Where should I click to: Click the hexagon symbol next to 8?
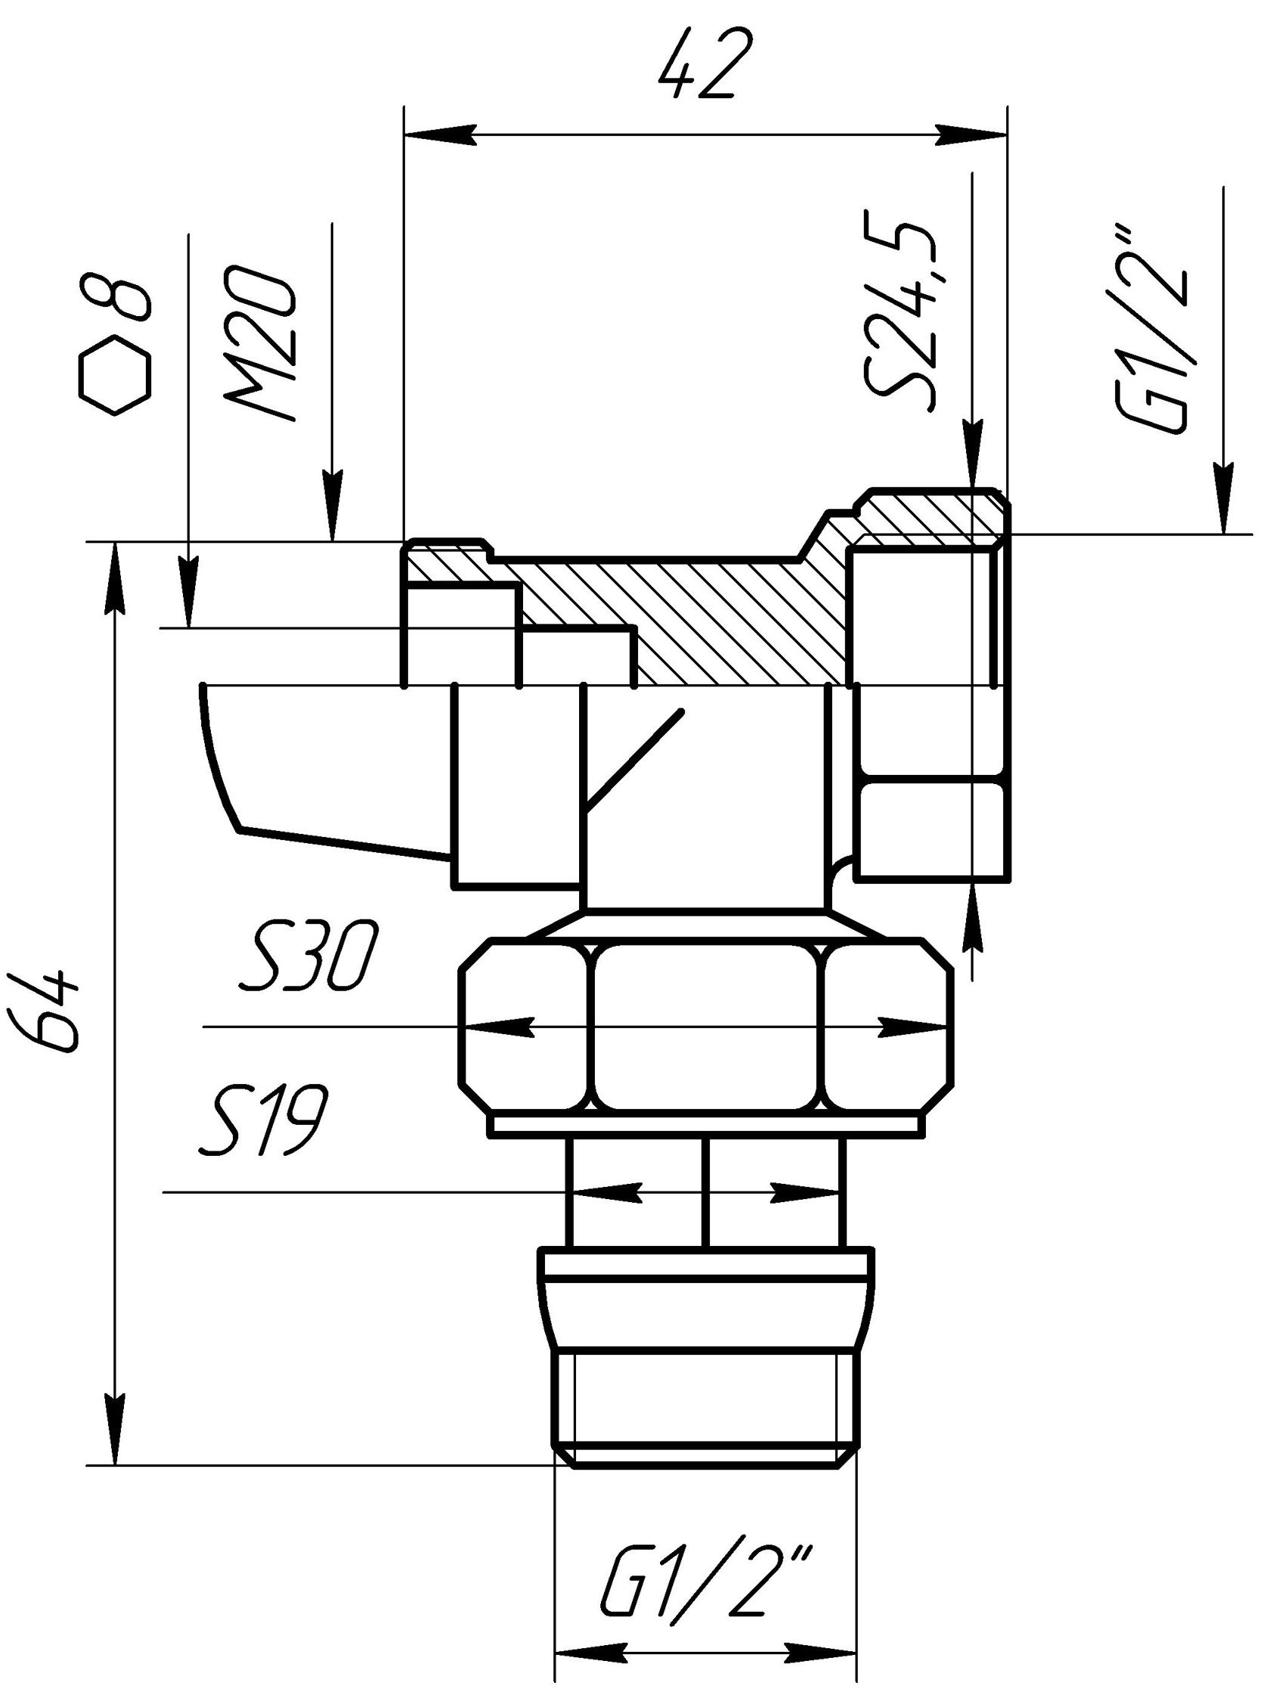[x=115, y=376]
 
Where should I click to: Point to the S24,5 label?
[x=900, y=310]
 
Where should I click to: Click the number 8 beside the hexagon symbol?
[x=127, y=295]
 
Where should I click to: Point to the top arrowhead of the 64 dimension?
[x=114, y=578]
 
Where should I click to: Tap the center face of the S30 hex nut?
[x=705, y=1027]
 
